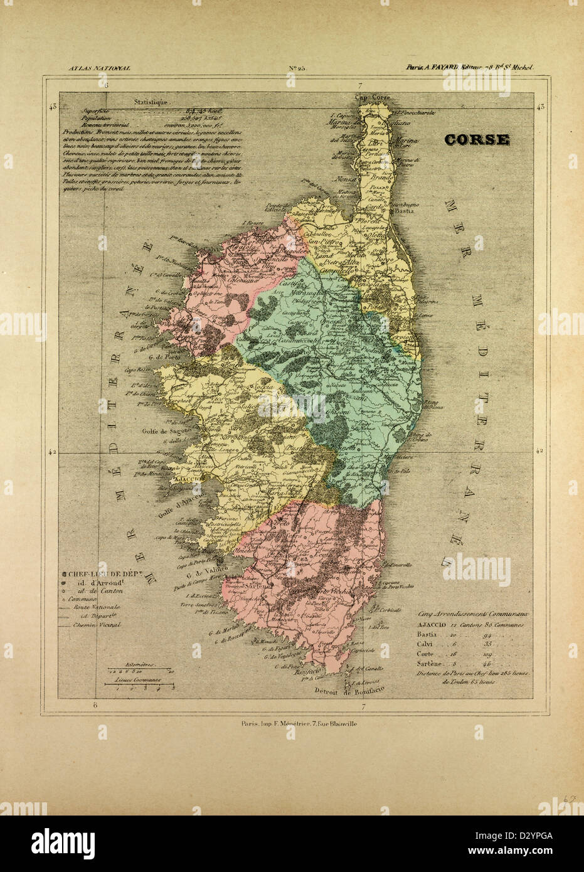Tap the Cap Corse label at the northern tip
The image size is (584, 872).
click(x=373, y=97)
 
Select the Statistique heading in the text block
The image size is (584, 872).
click(x=150, y=100)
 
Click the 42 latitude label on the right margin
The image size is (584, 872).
click(x=538, y=450)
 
